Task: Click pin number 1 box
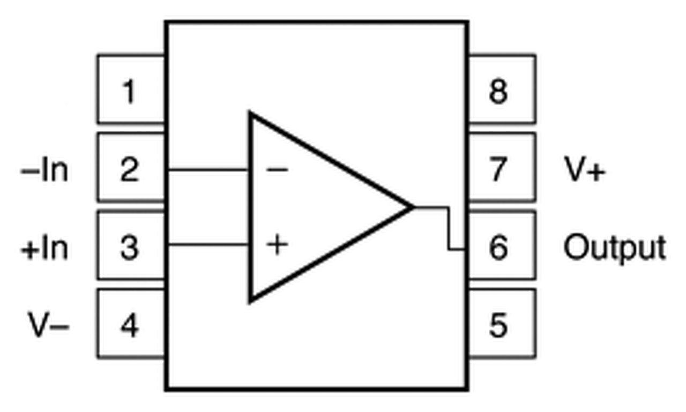(x=130, y=89)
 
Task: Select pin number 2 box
(x=130, y=168)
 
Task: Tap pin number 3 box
(x=130, y=246)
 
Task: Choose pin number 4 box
(x=130, y=324)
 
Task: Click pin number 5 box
(x=502, y=324)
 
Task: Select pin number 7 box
(x=502, y=168)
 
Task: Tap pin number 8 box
(x=502, y=89)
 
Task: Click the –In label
(x=45, y=170)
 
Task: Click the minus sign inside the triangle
(x=277, y=170)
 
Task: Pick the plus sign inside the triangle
(x=277, y=245)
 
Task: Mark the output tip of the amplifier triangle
(x=412, y=207)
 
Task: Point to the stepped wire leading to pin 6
(x=449, y=228)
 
